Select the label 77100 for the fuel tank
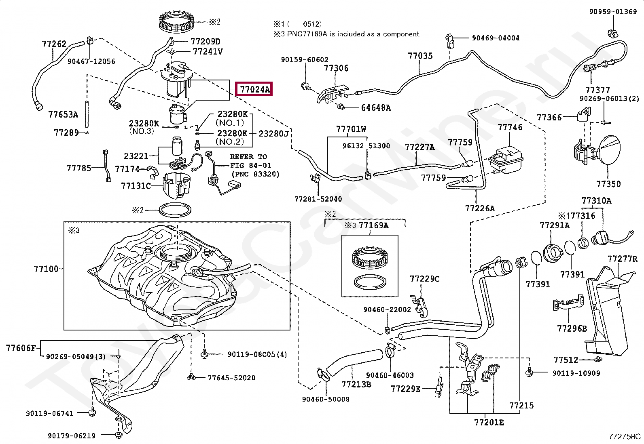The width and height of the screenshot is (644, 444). [x=46, y=269]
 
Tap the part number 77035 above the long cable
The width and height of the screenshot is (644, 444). [x=420, y=56]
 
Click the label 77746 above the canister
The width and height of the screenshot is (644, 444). [x=510, y=127]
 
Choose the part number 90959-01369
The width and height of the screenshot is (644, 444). [x=613, y=11]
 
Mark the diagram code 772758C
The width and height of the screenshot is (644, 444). [x=625, y=437]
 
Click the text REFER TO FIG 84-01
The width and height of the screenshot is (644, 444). [x=250, y=161]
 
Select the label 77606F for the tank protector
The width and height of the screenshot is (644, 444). [x=21, y=348]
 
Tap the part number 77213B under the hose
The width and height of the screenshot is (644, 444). [x=356, y=384]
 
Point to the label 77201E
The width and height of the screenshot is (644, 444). [x=489, y=423]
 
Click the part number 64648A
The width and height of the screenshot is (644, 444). [x=376, y=108]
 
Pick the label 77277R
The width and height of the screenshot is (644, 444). [x=623, y=259]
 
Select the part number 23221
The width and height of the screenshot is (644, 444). [x=136, y=156]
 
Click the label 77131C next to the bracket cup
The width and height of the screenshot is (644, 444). [x=136, y=185]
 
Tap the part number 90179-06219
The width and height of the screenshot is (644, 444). [x=72, y=436]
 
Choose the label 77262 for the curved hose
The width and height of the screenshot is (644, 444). [x=54, y=44]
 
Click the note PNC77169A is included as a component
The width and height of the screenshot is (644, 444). [x=353, y=34]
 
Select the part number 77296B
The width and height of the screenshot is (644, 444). [x=572, y=328]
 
